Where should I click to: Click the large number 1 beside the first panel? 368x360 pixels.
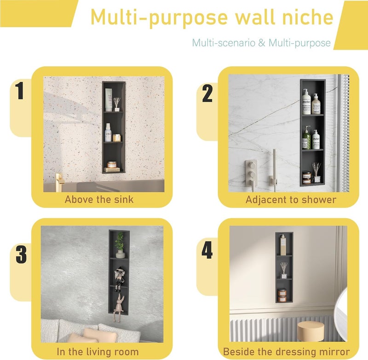point(19,91)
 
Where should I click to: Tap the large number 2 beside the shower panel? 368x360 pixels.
point(207,93)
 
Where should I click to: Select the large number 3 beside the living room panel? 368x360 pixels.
point(21,254)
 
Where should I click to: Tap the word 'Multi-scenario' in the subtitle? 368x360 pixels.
point(224,43)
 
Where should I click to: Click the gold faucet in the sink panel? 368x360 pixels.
point(60,182)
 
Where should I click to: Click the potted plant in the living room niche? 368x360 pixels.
point(120,245)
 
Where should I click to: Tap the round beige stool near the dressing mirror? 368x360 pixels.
point(311,331)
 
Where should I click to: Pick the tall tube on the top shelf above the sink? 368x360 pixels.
point(109,100)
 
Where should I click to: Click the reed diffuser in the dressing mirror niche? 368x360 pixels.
point(284,271)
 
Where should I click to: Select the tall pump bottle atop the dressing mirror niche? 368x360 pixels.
point(283,245)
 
